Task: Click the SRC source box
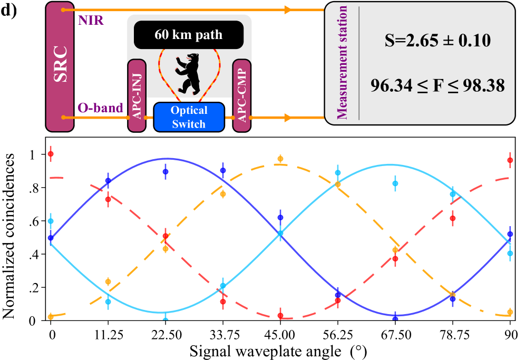[60, 66]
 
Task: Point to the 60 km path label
[188, 35]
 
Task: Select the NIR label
[91, 21]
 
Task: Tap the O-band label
[100, 108]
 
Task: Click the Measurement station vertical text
[343, 63]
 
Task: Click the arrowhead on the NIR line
[287, 9]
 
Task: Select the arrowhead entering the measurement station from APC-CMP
[287, 117]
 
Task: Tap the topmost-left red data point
[51, 154]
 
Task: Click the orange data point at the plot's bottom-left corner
[51, 317]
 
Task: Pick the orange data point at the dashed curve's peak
[280, 158]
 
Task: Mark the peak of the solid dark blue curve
[167, 158]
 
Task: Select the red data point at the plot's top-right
[510, 160]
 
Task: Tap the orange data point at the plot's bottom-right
[510, 312]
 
